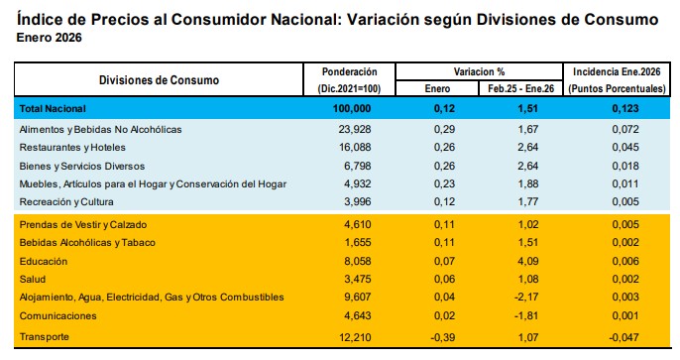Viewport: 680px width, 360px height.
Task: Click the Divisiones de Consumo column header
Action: coord(159,80)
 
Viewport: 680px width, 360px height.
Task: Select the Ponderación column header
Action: coord(349,72)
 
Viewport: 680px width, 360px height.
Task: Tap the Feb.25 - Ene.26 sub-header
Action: coord(520,89)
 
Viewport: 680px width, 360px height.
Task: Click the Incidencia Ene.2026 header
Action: coord(617,72)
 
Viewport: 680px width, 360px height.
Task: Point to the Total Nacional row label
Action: coord(53,109)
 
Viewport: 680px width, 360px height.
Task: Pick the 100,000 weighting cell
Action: coord(352,109)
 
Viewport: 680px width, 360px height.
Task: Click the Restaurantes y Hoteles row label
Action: coord(72,148)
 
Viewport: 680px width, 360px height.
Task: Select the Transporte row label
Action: coord(45,337)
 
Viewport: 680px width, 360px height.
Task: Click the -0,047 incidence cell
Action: coord(623,337)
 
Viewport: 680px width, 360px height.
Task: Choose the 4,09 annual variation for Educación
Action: coord(527,261)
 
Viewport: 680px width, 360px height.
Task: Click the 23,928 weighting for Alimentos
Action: coord(355,129)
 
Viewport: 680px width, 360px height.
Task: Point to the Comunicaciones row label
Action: coord(58,315)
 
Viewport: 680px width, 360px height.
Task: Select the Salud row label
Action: coord(33,279)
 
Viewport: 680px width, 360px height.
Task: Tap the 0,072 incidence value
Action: coord(625,129)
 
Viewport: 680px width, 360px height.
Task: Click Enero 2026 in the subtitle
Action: coord(49,38)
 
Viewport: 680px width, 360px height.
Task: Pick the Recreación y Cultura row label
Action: coord(66,201)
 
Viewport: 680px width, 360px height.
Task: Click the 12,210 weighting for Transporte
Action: coord(355,337)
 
